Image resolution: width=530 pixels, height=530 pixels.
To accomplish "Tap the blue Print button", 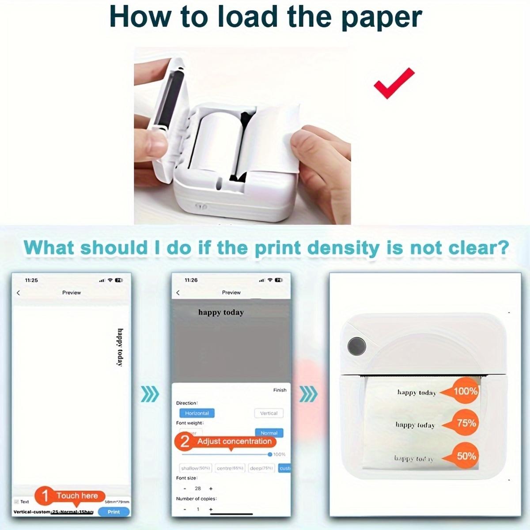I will [114, 512].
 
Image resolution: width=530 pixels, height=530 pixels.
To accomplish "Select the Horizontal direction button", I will [197, 413].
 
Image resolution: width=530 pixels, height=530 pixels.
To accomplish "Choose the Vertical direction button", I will [269, 413].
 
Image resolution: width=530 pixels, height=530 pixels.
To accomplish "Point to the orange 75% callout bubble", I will [465, 423].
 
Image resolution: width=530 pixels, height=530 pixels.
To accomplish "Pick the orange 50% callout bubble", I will [465, 456].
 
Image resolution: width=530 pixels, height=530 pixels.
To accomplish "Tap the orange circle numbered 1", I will [45, 496].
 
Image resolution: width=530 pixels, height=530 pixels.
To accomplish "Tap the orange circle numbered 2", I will [185, 442].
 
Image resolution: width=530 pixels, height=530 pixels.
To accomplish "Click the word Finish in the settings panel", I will [280, 390].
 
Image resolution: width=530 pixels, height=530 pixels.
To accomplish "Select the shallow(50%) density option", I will [196, 468].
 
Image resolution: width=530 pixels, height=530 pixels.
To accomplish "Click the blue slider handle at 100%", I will [270, 454].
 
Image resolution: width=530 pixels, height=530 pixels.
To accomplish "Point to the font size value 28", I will [198, 488].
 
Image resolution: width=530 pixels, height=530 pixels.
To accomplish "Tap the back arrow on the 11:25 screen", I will [19, 293].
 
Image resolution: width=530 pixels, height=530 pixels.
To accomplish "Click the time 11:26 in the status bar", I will [191, 280].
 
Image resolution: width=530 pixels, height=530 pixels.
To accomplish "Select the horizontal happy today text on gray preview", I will [221, 312].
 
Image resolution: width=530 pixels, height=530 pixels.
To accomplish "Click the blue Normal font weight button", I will [269, 433].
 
